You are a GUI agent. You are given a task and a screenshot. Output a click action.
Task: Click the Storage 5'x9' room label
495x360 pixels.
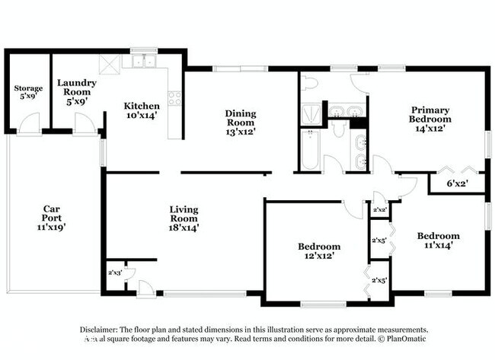[x=27, y=93]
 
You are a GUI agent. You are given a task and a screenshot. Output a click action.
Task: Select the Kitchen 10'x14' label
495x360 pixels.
[x=142, y=110]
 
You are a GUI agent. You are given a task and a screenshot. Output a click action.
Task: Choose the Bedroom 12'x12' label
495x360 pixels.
[x=318, y=251]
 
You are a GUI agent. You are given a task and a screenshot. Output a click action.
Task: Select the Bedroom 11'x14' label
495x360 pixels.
[x=438, y=241]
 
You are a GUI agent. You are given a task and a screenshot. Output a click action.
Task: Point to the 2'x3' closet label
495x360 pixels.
[x=114, y=272]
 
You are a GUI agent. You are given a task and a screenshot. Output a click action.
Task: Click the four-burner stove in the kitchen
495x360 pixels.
[x=174, y=98]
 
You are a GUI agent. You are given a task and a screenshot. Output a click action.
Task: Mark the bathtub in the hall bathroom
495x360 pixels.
[x=310, y=150]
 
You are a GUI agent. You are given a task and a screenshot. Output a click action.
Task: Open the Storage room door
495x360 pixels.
[x=29, y=123]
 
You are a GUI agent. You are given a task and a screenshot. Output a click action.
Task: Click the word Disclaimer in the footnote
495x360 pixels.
[x=104, y=329]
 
